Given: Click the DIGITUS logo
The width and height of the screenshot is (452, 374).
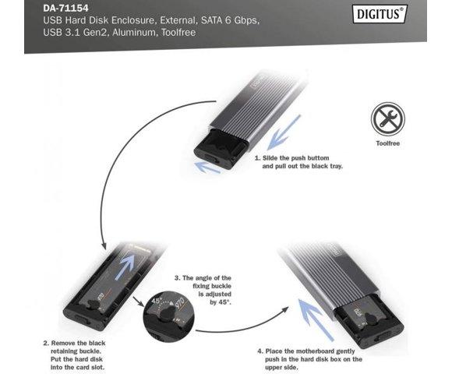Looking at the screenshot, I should point(380,14).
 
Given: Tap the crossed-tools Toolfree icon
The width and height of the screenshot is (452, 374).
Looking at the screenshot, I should point(387,118).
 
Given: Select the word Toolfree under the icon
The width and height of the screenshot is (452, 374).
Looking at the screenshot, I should point(388,143).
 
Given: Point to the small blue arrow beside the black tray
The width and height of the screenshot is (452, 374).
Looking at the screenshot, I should point(207,167).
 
